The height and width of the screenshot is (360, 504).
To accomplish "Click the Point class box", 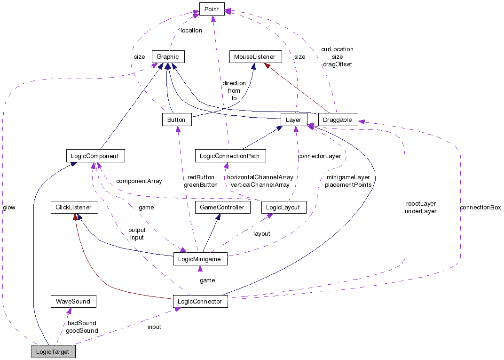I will pyautogui.click(x=212, y=9).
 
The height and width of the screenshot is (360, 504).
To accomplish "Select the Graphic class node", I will pyautogui.click(x=168, y=57).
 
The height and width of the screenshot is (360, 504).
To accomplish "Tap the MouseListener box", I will pyautogui.click(x=255, y=57).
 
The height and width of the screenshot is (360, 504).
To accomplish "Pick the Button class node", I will pyautogui.click(x=176, y=120).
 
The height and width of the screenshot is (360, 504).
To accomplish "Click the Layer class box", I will pyautogui.click(x=293, y=120).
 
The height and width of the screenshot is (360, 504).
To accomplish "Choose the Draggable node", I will pyautogui.click(x=338, y=120).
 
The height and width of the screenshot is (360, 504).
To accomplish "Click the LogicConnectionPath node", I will pyautogui.click(x=230, y=155).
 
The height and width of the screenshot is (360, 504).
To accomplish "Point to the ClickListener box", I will pyautogui.click(x=74, y=207).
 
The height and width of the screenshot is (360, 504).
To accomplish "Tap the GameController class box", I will pyautogui.click(x=222, y=207).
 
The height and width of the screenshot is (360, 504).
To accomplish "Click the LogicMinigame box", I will pyautogui.click(x=200, y=259).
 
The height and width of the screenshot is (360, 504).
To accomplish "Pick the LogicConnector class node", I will pyautogui.click(x=200, y=301).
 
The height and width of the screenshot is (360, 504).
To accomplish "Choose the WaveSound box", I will pyautogui.click(x=73, y=301).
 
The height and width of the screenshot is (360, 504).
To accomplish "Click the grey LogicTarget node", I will pyautogui.click(x=53, y=352).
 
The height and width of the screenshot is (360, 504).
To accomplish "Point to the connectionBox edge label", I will pyautogui.click(x=480, y=208).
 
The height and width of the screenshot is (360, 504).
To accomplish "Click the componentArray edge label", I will pyautogui.click(x=139, y=181).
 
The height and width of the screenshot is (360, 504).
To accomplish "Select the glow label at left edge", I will pyautogui.click(x=9, y=208).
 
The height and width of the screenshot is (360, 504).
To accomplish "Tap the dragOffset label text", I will pyautogui.click(x=337, y=64).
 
